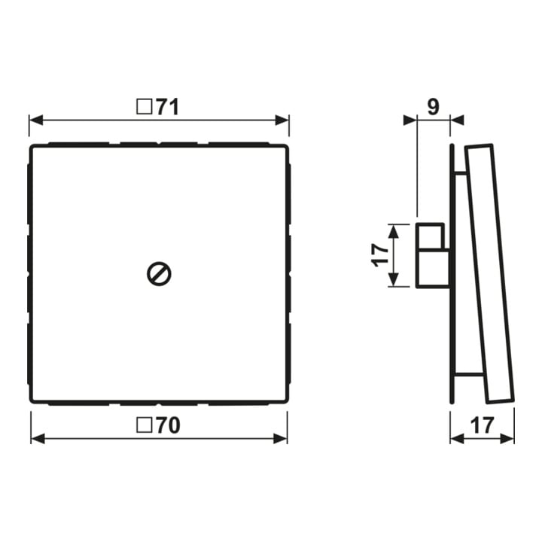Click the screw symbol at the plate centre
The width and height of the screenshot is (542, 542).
[x=159, y=274]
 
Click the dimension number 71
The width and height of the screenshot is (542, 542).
[x=168, y=107]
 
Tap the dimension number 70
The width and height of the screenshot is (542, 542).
[x=168, y=425]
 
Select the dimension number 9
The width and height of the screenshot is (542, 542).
[x=434, y=107]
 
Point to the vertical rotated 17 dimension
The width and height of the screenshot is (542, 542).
[x=380, y=255]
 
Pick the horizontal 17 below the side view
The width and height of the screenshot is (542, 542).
[x=483, y=425]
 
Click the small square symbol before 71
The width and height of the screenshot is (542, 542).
[x=144, y=107]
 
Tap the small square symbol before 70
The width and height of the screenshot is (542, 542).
[x=144, y=425]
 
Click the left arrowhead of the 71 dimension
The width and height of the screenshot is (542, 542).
[x=36, y=120]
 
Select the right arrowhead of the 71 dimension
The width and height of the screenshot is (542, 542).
[x=282, y=120]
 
